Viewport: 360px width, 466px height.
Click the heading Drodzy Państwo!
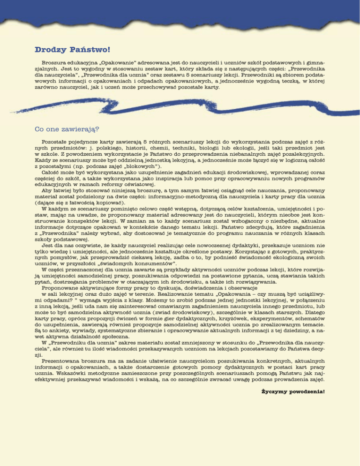click(72, 48)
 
